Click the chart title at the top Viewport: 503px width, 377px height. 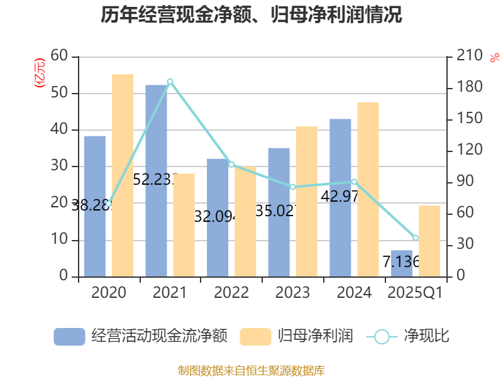(x=251, y=15)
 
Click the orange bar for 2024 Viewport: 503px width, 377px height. (x=368, y=188)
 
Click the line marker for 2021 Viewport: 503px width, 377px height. (x=170, y=82)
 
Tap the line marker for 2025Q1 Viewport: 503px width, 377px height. (x=416, y=238)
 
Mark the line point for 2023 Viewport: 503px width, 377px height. (x=292, y=187)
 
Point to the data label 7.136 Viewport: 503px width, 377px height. (x=401, y=261)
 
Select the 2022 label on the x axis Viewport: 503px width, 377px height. (x=231, y=293)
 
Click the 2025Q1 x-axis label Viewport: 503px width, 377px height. (x=415, y=293)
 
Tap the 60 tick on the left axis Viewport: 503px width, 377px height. (x=60, y=57)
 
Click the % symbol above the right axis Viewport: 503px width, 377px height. (x=494, y=57)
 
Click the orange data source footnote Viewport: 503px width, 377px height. (x=251, y=371)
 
